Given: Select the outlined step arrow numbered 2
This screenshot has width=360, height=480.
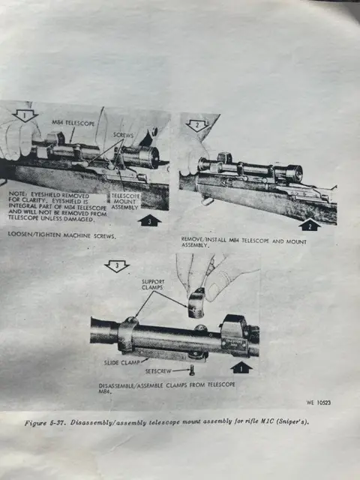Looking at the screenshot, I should tap(197, 125).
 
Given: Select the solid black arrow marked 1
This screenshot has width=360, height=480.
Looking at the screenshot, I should tap(240, 367).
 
